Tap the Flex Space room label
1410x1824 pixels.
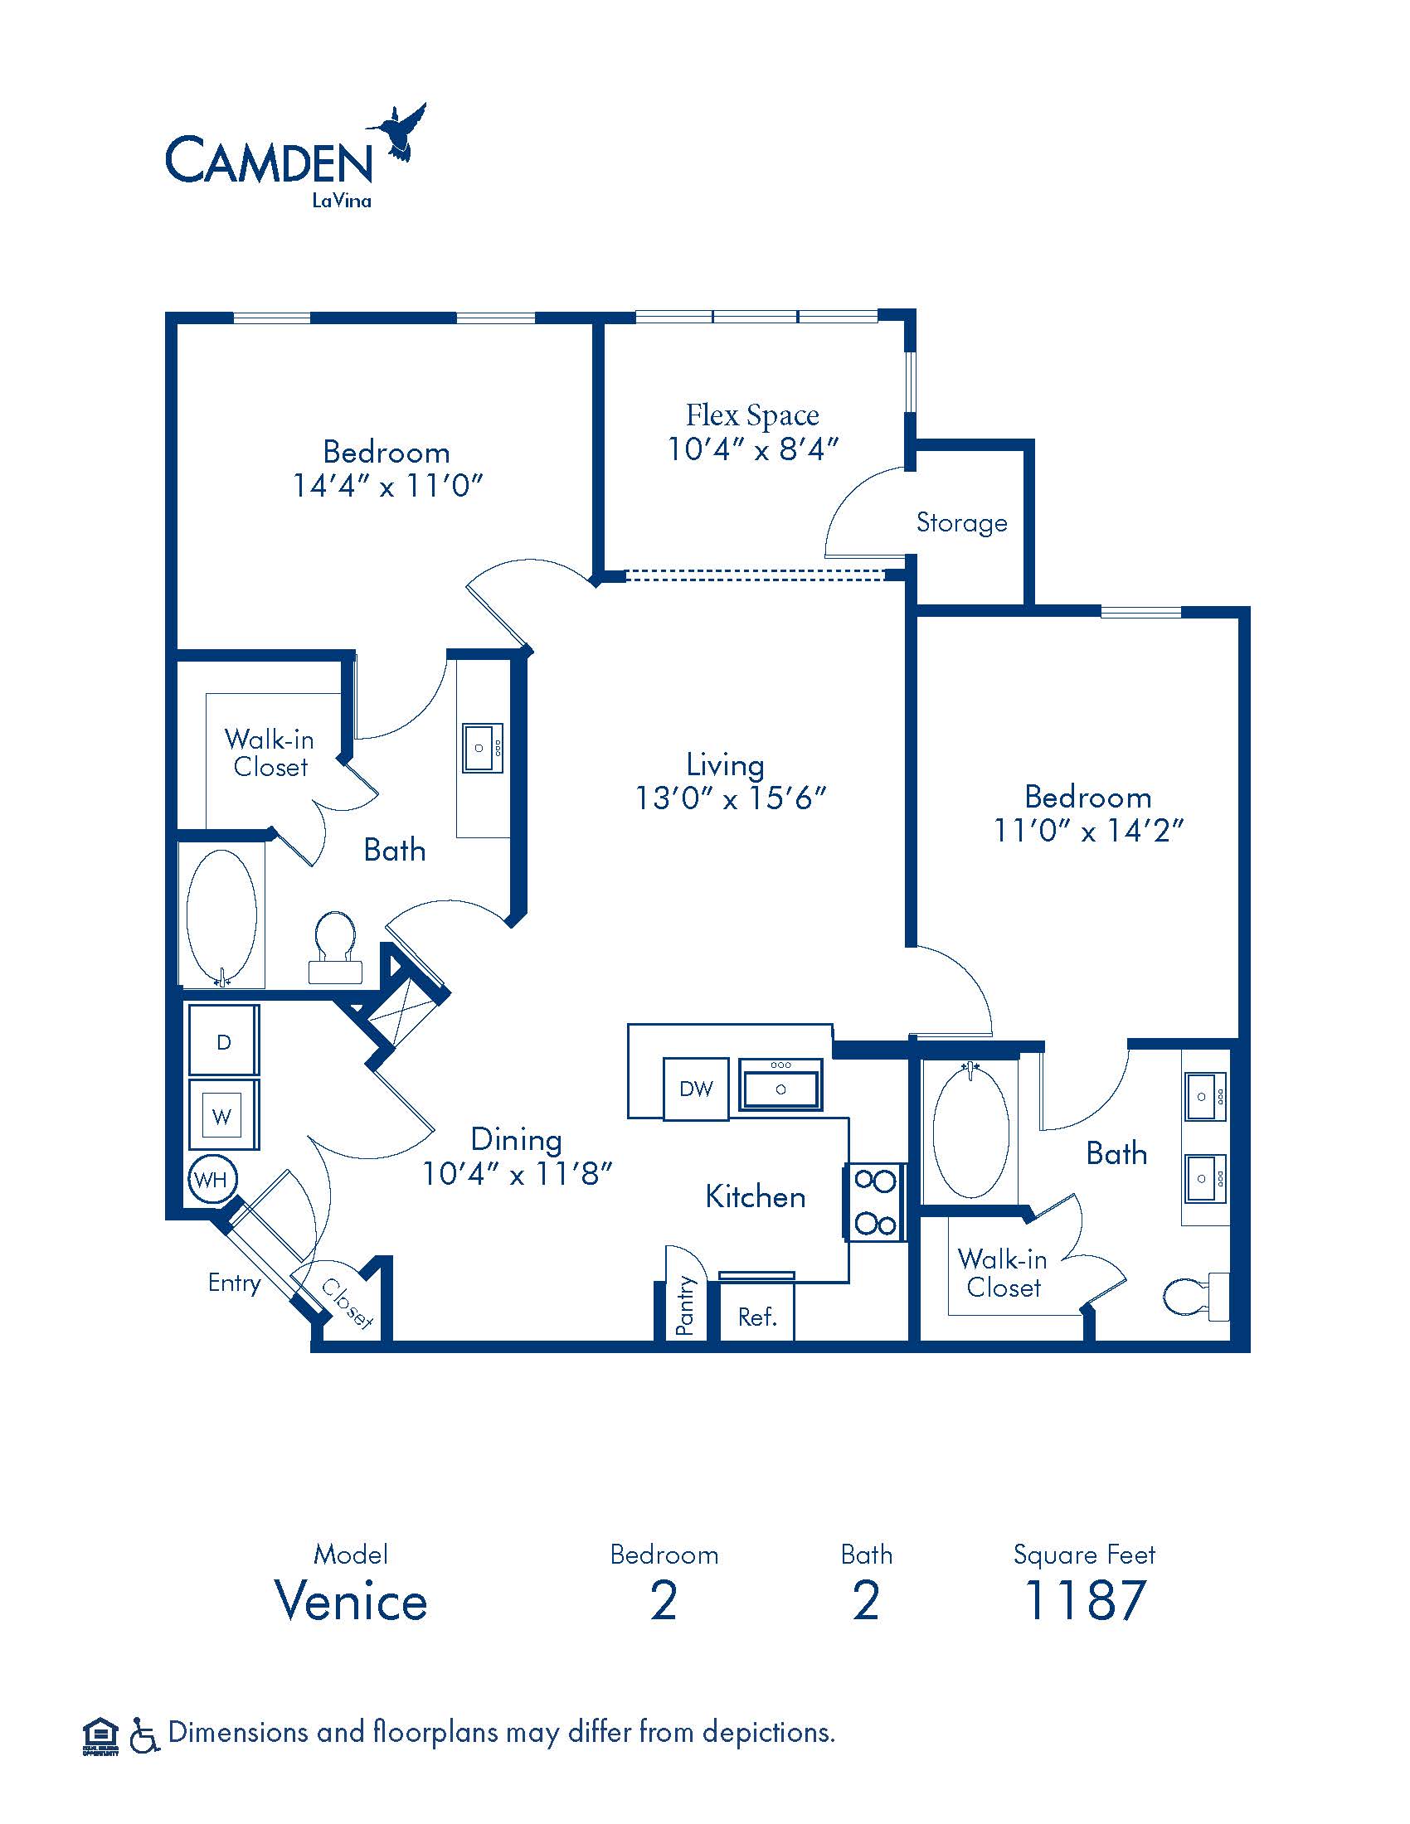752,415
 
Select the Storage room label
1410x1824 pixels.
961,523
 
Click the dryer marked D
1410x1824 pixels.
223,1041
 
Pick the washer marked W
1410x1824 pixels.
223,1115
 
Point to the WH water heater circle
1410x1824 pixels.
211,1179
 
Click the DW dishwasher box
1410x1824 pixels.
696,1089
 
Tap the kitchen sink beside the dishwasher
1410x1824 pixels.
780,1084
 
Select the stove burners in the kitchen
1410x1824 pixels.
874,1203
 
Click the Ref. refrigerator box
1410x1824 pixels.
756,1317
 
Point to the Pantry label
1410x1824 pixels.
685,1305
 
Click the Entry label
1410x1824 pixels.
234,1283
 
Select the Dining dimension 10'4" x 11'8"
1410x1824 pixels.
517,1174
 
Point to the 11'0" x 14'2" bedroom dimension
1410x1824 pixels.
1088,831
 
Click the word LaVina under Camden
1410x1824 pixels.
342,201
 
